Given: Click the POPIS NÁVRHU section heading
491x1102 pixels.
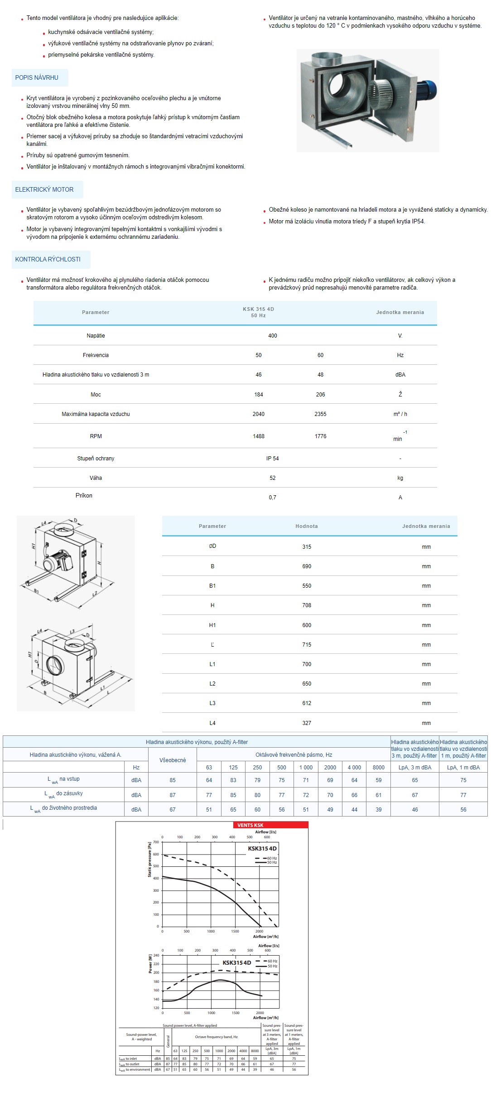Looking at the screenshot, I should tap(37, 77).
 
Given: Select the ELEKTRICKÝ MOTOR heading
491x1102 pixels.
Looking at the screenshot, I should tap(44, 189).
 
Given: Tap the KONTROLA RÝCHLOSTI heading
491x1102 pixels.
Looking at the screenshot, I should tap(48, 259).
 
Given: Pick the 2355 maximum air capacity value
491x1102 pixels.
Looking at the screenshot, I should tap(320, 414).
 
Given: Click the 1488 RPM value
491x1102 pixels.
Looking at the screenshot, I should tap(259, 436).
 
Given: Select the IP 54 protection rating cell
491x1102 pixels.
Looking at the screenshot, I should tap(272, 459).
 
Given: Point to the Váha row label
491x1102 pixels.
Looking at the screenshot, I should tap(96, 478).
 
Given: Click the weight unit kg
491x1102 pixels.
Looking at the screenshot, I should tap(400, 478).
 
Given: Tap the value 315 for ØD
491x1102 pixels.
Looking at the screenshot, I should tap(307, 547).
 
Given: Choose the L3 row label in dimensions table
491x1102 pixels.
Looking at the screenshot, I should tap(212, 703).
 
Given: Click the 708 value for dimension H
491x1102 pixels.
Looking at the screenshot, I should tap(307, 605).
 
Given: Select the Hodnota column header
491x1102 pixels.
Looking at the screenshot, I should tap(307, 526).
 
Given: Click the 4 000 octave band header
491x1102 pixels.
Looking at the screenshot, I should tap(354, 768).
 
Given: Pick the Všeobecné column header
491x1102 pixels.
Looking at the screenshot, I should tap(173, 760).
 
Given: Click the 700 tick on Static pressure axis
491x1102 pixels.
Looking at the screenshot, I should tap(156, 842).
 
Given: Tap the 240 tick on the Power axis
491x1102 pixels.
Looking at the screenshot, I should tap(156, 956).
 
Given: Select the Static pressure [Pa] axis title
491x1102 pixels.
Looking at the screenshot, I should tap(149, 860).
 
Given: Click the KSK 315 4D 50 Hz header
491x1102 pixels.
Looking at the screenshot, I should tap(258, 312).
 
